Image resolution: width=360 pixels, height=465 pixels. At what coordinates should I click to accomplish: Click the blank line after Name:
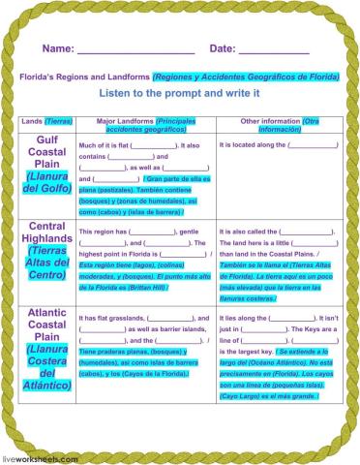click(x=135, y=51)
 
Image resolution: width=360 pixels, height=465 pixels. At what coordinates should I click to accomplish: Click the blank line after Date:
click(x=273, y=51)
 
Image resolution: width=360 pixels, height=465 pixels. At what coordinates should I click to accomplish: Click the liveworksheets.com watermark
click(x=38, y=455)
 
